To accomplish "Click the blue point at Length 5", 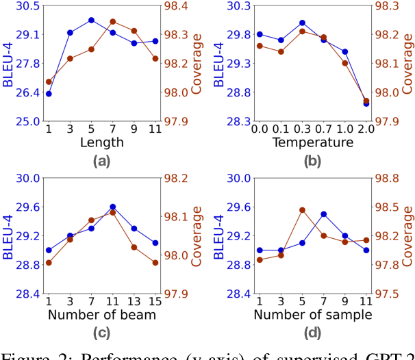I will coord(91,21).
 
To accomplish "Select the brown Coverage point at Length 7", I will coord(113,22).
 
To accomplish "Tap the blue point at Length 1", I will coord(49,93).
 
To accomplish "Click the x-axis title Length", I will coord(102,142).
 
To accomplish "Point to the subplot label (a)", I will coord(102,162).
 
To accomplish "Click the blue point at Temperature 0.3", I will coord(302,23).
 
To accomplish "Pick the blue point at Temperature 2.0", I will coord(366,103).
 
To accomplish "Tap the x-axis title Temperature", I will coord(312,142).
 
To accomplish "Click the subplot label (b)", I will coord(312,162).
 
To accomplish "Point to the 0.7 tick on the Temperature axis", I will coord(323,128).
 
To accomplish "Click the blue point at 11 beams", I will coord(113,207).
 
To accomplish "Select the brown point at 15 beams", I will coord(155,263).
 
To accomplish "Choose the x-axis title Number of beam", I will coord(102,315).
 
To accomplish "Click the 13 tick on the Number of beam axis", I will coord(134,300).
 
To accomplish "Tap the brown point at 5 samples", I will coord(302,210).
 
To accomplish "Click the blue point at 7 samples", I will coord(323,214).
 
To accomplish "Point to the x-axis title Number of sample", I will coord(312,315).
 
